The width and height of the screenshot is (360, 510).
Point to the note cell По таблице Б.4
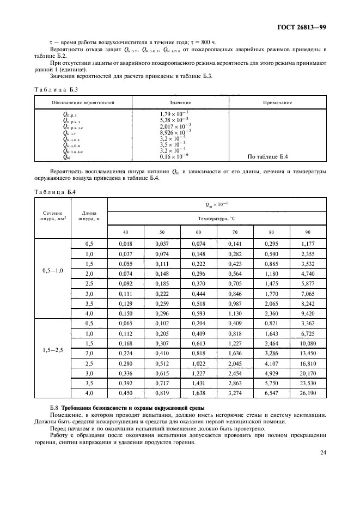coord(268,157)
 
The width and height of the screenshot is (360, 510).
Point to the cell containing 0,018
coord(126,245)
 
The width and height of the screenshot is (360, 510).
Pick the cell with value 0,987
coord(235,303)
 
